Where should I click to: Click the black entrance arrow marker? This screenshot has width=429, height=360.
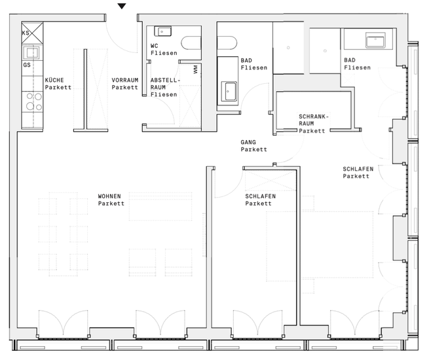click(122, 6)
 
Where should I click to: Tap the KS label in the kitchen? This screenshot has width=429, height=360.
click(26, 33)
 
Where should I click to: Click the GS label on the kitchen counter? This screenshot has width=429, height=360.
click(27, 65)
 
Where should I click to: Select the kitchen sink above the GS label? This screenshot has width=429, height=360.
click(32, 53)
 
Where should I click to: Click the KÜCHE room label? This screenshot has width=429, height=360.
click(54, 80)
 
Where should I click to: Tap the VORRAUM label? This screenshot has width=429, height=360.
click(125, 80)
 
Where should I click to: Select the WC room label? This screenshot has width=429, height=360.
click(155, 46)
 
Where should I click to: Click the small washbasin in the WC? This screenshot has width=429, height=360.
click(163, 31)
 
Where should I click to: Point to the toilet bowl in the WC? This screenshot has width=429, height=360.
click(191, 43)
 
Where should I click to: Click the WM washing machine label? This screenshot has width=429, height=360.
click(195, 69)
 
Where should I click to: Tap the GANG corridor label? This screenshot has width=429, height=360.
click(248, 142)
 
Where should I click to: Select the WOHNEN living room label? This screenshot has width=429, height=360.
click(109, 196)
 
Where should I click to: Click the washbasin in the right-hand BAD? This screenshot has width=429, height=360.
click(375, 40)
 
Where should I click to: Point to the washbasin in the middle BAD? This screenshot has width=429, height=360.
click(229, 91)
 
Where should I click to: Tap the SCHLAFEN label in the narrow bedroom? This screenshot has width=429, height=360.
click(261, 196)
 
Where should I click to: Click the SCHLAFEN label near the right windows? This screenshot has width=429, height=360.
click(358, 169)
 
